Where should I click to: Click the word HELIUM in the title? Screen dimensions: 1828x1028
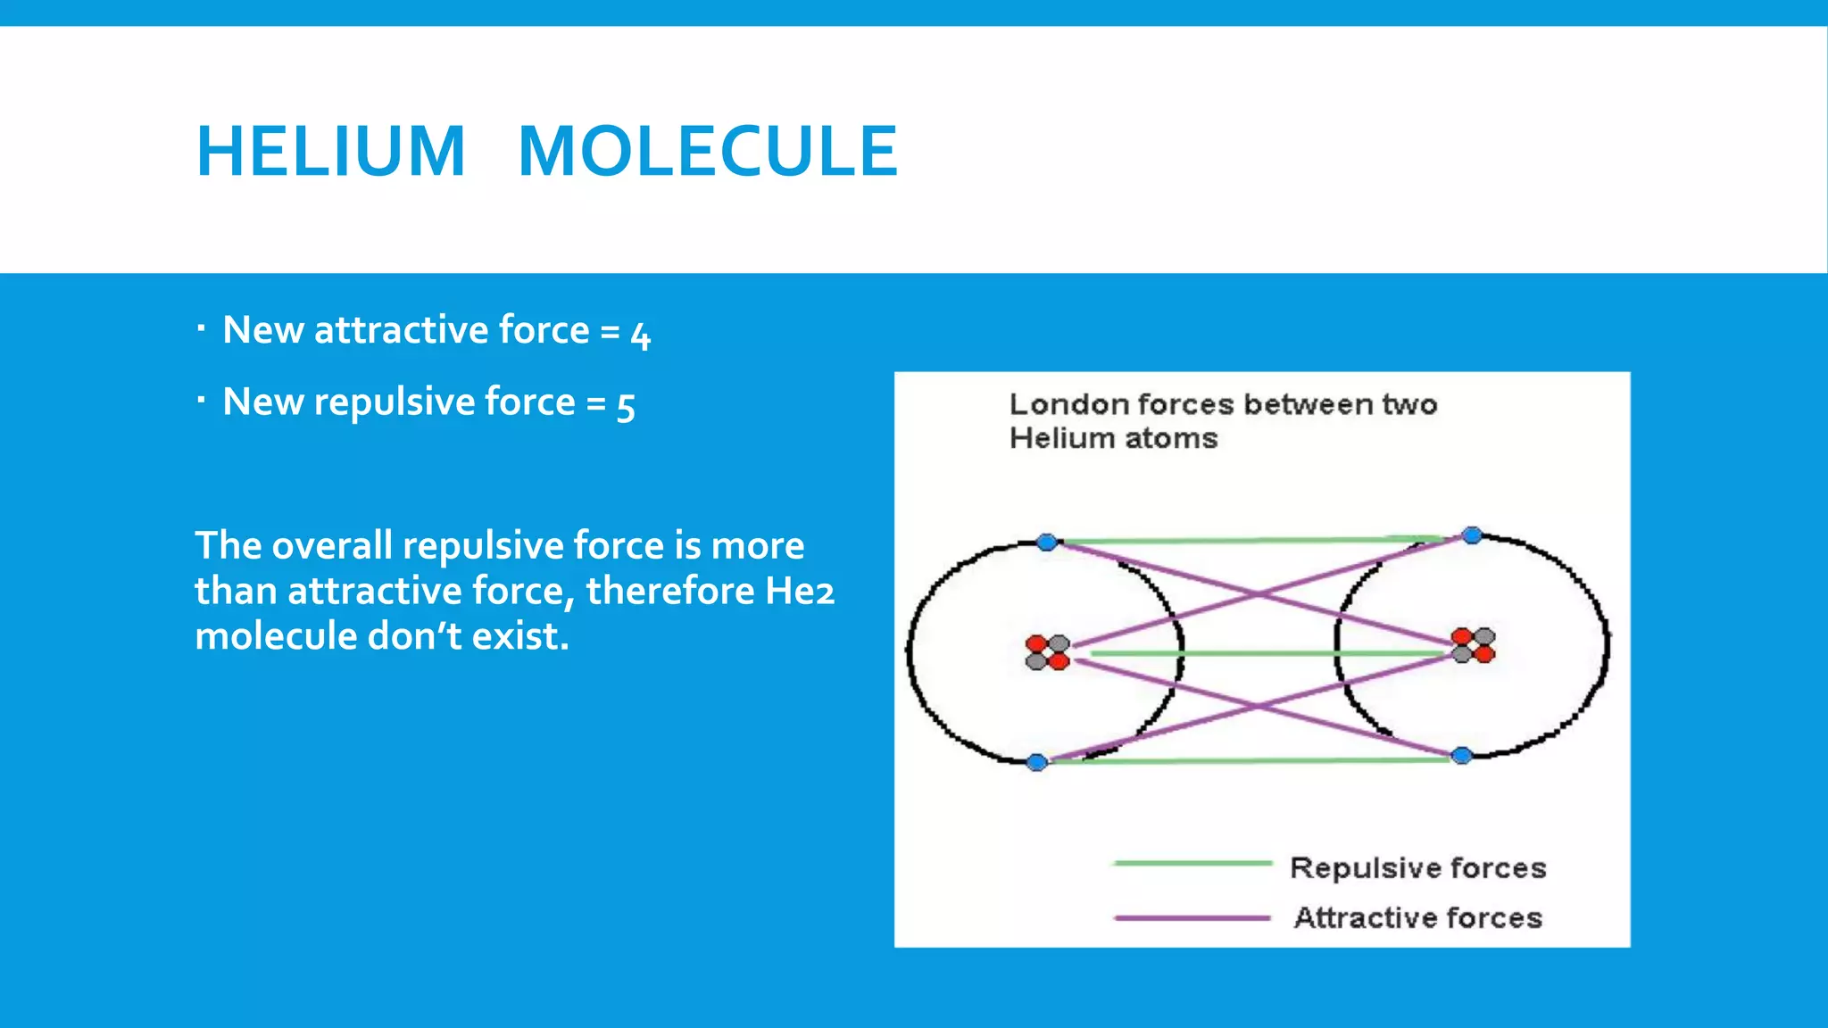coord(330,152)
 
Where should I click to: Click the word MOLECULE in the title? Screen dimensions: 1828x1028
coord(708,152)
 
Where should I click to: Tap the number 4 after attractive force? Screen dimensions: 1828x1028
coord(641,335)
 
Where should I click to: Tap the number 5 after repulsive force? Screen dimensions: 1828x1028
coord(626,406)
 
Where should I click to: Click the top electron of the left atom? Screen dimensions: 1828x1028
coord(1047,542)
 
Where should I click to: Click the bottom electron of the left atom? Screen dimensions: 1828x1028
coord(1037,762)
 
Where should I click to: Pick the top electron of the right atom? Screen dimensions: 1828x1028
coord(1472,535)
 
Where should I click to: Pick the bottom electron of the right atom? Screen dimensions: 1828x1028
coord(1461,756)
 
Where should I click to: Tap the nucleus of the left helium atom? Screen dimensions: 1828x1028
coord(1047,652)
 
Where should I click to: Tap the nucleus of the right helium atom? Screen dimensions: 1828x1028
coord(1473,645)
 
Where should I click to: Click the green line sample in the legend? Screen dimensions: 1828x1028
coord(1192,863)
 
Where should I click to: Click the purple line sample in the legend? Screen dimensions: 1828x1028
coord(1192,917)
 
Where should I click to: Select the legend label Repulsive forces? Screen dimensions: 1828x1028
coord(1417,867)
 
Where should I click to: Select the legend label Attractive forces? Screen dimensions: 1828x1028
coord(1417,917)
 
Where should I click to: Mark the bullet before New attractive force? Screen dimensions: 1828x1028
coord(202,329)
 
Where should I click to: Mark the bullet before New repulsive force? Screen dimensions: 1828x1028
coord(202,401)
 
